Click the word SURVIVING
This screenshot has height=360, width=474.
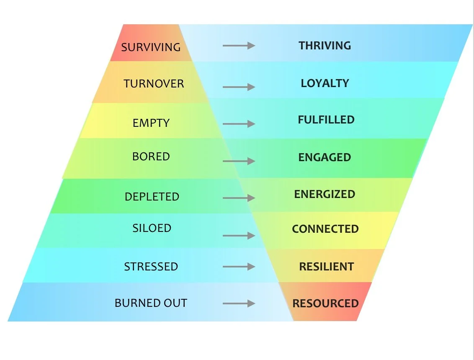151,46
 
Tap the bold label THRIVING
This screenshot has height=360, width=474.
325,45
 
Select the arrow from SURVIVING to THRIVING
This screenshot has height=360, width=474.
239,45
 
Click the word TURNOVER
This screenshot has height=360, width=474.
154,84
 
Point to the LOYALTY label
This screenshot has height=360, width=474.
325,83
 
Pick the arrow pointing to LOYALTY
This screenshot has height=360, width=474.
239,87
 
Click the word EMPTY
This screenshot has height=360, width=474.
151,123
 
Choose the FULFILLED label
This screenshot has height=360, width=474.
326,120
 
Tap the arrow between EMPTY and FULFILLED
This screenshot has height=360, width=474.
239,123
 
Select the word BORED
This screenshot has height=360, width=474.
151,157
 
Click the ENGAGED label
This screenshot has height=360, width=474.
325,157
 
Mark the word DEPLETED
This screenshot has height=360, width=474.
152,197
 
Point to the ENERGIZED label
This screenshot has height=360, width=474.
325,194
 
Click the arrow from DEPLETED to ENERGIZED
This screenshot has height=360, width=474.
239,198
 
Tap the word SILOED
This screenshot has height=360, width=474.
152,228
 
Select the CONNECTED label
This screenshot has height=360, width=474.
325,229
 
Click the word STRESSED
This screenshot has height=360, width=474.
151,267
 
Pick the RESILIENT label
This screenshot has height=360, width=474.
326,267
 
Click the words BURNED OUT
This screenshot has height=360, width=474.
151,303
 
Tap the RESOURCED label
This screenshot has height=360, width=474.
325,303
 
